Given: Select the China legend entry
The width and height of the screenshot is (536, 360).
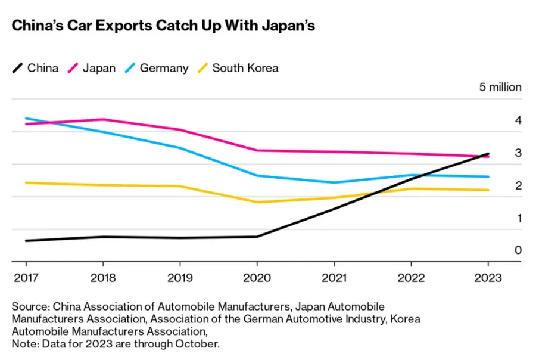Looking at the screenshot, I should click(36, 68).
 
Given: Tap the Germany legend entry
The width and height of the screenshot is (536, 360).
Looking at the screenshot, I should click(156, 68).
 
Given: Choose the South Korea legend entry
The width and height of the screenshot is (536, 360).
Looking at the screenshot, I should click(238, 68).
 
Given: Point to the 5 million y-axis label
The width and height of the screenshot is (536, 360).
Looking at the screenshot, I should click(500, 87).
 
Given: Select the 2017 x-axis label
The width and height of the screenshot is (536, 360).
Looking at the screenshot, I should click(26, 278).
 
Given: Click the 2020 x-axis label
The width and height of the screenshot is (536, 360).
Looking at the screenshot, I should click(257, 278).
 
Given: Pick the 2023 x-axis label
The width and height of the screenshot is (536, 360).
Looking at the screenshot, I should click(488, 278).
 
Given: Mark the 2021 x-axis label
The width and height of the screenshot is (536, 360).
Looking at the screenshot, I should click(334, 278).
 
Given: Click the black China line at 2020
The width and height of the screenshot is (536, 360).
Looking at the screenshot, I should click(257, 237).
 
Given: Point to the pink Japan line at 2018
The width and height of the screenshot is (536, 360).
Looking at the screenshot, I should click(103, 119).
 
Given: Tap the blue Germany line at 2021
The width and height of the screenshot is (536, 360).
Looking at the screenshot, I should click(334, 182).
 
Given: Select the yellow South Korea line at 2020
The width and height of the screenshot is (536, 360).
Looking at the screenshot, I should click(257, 202).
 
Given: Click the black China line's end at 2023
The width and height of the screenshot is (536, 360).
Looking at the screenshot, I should click(488, 154).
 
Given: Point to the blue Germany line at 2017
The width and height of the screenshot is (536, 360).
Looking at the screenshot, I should click(26, 118).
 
